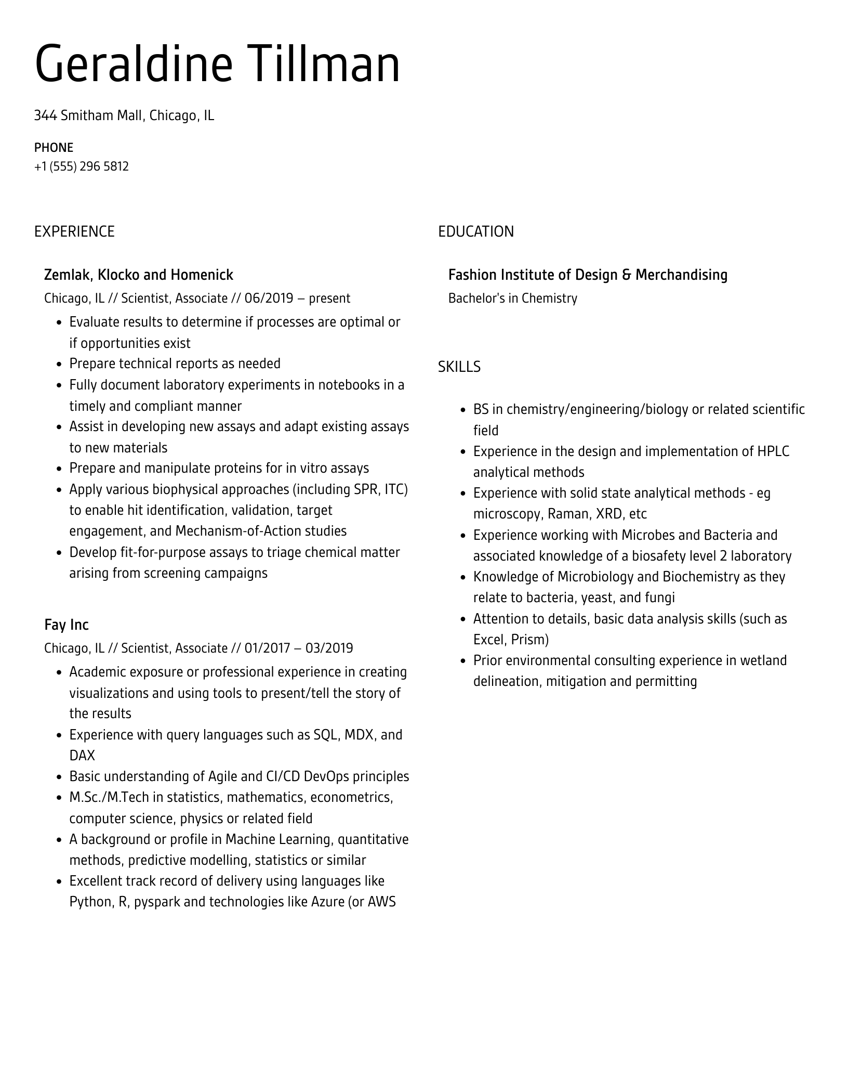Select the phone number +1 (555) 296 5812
pyautogui.click(x=82, y=166)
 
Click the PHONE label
pyautogui.click(x=54, y=148)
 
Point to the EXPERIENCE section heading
pyautogui.click(x=74, y=231)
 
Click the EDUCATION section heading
pyautogui.click(x=475, y=231)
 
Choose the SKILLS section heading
pyautogui.click(x=459, y=367)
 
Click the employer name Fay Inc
pyautogui.click(x=67, y=625)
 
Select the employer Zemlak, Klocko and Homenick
pyautogui.click(x=139, y=275)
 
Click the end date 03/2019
pyautogui.click(x=329, y=648)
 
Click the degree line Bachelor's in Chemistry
pyautogui.click(x=512, y=298)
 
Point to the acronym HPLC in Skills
pyautogui.click(x=773, y=451)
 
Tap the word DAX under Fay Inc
pyautogui.click(x=82, y=756)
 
